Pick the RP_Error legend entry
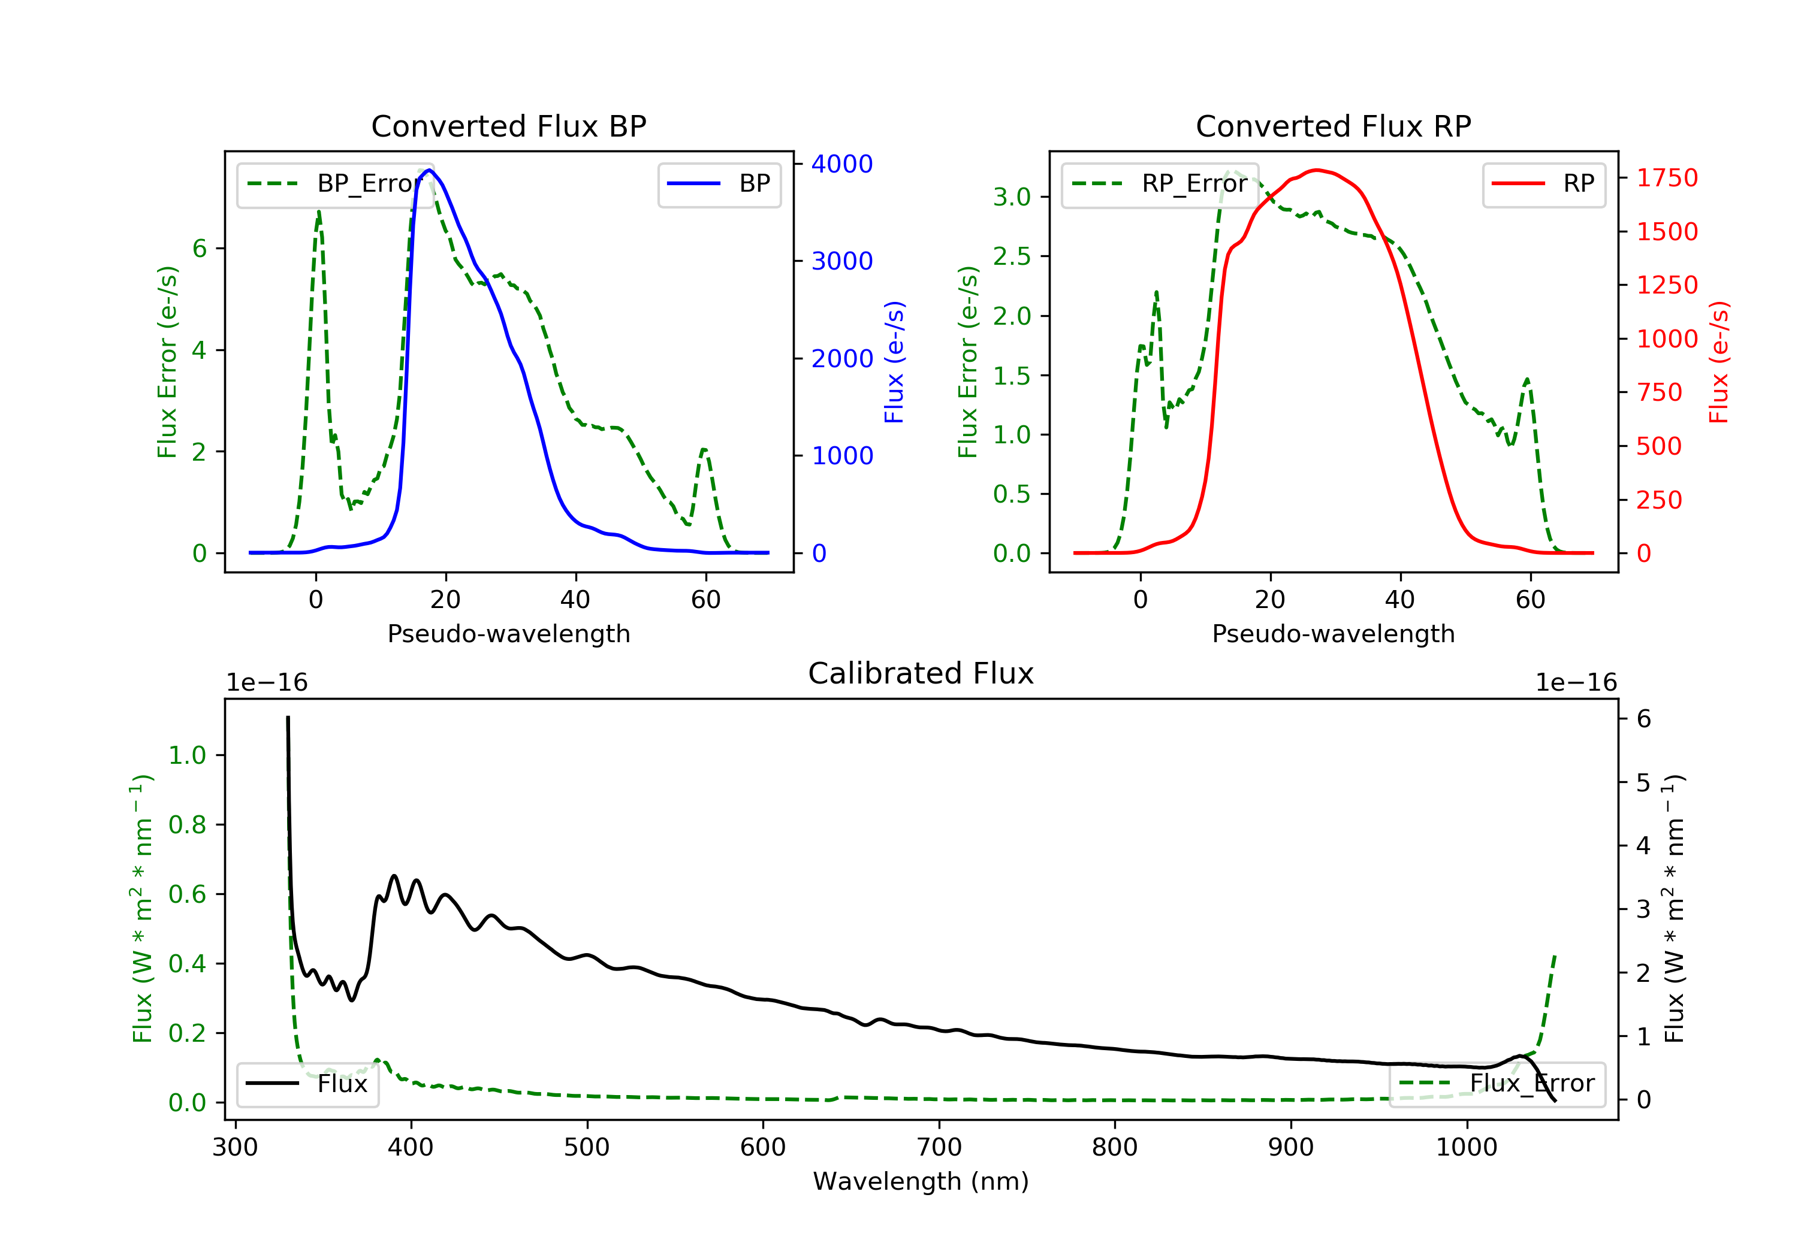coord(1159,184)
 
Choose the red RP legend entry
coord(1543,184)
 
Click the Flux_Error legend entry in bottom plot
coord(1497,1084)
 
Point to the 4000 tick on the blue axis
coord(842,164)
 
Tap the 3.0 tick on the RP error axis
coord(1012,196)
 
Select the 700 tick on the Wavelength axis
coord(939,1148)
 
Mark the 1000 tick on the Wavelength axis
coord(1466,1148)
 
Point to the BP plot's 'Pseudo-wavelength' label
coord(508,633)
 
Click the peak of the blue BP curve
coord(429,170)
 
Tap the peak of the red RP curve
coord(1317,170)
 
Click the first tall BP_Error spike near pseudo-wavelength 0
coord(319,212)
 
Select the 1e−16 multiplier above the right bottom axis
coord(1576,683)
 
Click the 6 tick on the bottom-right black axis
coord(1644,719)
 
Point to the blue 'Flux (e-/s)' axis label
coord(894,362)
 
